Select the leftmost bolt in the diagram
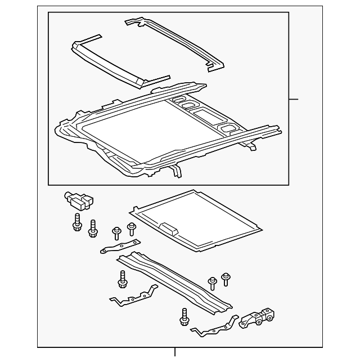(76, 223)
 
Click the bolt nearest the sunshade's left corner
(132, 229)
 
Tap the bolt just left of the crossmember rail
(122, 278)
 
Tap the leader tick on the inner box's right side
(293, 99)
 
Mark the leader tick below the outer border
(175, 352)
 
